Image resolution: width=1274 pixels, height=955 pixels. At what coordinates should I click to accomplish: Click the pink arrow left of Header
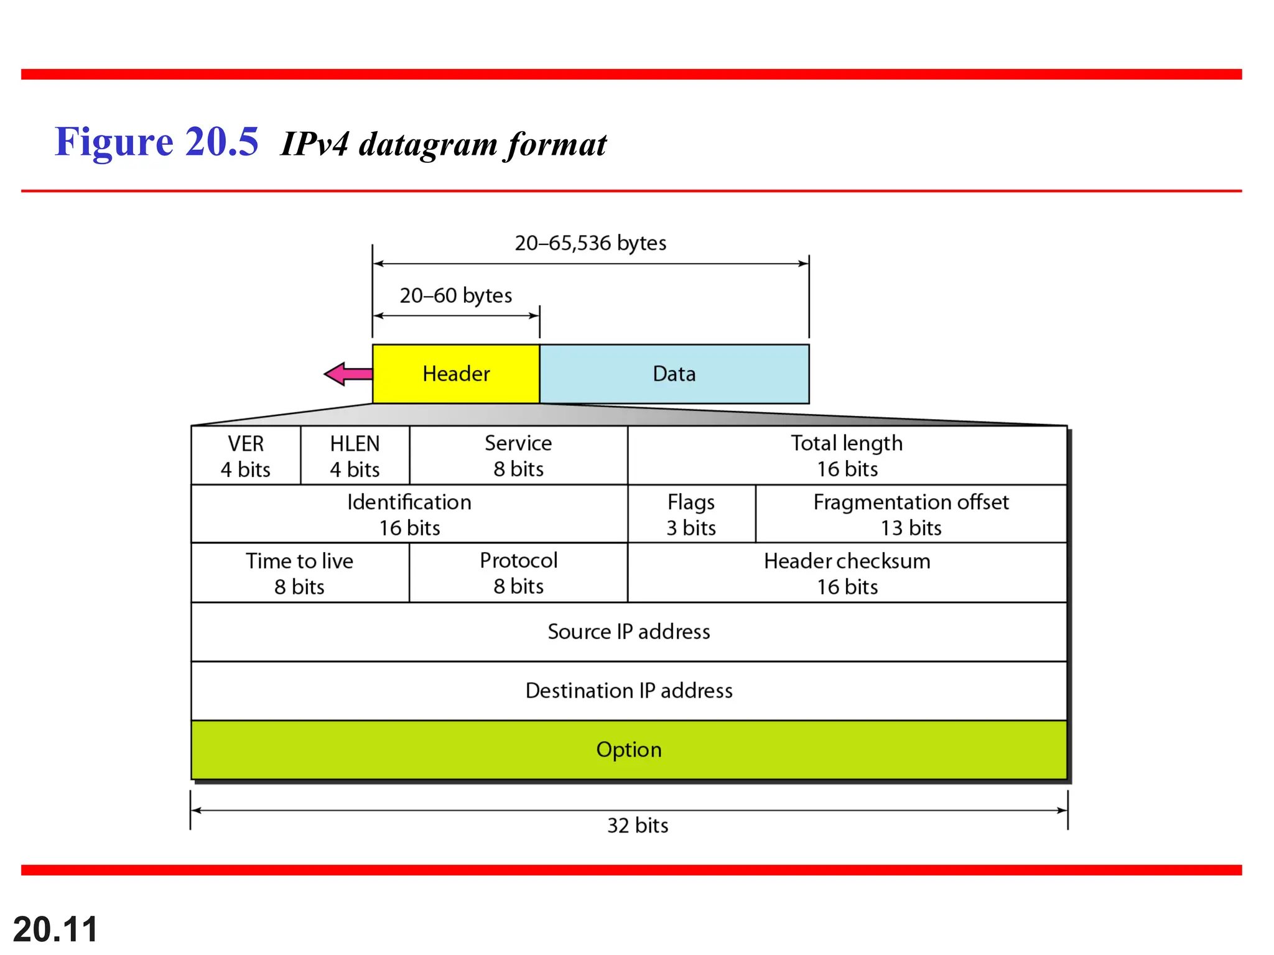347,374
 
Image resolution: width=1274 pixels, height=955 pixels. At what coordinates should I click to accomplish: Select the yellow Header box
456,374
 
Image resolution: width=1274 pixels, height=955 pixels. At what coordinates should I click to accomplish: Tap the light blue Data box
674,374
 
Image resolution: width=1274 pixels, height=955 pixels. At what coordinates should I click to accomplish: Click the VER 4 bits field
246,456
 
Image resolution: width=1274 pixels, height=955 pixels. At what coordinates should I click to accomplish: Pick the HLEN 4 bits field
355,456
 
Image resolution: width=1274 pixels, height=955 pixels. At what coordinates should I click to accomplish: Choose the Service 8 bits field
518,456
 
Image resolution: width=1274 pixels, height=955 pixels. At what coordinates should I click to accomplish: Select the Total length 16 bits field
847,456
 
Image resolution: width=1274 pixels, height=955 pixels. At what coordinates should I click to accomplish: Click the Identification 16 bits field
409,514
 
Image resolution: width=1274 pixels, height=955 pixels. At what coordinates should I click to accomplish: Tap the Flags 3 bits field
691,514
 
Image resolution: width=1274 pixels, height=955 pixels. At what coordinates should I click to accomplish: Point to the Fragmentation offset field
911,514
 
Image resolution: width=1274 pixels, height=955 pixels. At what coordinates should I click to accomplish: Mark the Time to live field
299,573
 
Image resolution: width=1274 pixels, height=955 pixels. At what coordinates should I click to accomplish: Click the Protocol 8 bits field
518,573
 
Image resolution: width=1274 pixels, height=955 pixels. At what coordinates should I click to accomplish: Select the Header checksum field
847,573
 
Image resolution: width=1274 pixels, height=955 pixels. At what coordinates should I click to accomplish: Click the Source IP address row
628,632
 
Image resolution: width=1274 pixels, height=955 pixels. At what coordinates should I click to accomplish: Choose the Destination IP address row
628,691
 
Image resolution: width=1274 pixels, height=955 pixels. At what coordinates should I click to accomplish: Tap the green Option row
628,750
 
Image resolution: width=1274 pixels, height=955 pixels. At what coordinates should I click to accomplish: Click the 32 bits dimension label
638,825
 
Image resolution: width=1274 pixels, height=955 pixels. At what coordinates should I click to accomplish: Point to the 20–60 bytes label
456,295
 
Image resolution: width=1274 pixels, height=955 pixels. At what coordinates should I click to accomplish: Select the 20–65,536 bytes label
590,242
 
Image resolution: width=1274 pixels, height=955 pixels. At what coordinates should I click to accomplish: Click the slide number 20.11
55,930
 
